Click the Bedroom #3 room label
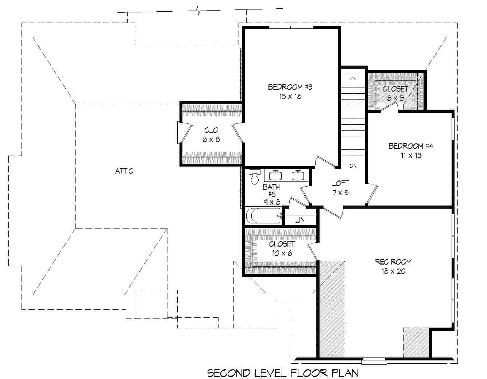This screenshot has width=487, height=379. pos(290,87)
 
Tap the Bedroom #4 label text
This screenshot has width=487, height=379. pos(410,146)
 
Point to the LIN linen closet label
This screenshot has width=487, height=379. pos(300,220)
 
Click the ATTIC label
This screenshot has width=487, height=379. pos(124,171)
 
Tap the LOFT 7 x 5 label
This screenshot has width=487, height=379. pos(340,188)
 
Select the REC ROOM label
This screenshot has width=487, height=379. pos(393,262)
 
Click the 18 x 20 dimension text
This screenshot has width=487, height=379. pos(393,271)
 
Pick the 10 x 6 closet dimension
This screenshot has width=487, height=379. pos(281,253)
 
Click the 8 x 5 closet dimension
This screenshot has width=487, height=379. pos(395,98)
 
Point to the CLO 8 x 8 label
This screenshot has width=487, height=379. pos(211,134)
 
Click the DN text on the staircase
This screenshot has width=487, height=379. pos(352,166)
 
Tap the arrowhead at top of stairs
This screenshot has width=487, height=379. pos(352,78)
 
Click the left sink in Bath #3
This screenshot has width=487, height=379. pos(275,175)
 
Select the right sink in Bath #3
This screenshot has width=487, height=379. pos(298,175)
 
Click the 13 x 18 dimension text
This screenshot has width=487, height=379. pos(290,97)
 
